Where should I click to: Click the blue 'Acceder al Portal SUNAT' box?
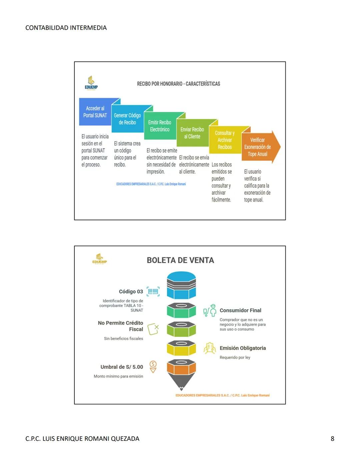click(x=95, y=112)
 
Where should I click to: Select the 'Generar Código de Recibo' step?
click(x=127, y=119)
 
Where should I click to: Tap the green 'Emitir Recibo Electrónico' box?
click(x=160, y=126)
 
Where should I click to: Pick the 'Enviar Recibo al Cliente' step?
click(x=192, y=133)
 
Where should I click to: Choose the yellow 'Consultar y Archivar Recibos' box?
click(x=225, y=140)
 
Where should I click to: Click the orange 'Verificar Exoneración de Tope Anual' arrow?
click(x=258, y=147)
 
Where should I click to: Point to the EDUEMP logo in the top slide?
click(x=91, y=83)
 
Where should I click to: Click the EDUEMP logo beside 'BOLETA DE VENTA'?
click(x=99, y=259)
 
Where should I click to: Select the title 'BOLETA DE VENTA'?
click(x=180, y=260)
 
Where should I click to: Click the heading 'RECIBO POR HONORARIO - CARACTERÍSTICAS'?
click(x=178, y=84)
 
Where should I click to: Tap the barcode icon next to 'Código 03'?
click(x=153, y=292)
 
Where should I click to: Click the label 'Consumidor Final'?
click(x=240, y=310)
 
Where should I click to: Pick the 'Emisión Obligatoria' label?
click(x=243, y=348)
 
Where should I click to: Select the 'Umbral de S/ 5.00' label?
click(x=122, y=367)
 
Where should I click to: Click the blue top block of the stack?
click(x=181, y=285)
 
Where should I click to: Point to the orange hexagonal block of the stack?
click(x=181, y=367)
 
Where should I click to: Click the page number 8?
click(x=332, y=439)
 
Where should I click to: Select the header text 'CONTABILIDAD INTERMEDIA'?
click(x=66, y=28)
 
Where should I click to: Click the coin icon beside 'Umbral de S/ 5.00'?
click(x=153, y=366)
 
